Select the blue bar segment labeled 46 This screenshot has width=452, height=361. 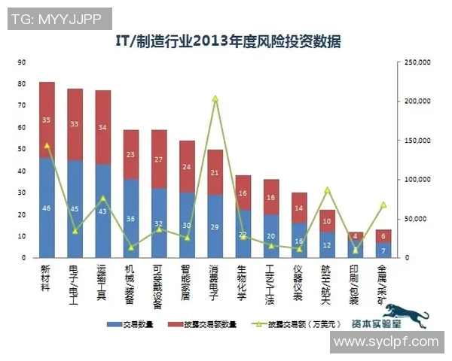coord(47,207)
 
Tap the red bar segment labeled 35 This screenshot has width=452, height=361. coord(47,120)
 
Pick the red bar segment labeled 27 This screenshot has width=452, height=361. coord(158,159)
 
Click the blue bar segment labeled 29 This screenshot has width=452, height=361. coord(215,226)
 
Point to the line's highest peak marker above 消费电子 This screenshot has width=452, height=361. coord(215,99)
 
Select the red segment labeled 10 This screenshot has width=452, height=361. coord(327,221)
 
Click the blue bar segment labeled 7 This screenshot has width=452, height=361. coord(383,250)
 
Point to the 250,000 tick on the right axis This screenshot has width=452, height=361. coord(416,62)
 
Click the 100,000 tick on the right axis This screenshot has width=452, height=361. coord(416,179)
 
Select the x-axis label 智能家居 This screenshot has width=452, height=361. coord(187,280)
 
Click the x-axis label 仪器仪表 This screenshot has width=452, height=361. coord(299,280)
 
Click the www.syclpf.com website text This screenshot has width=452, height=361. coord(386,341)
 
